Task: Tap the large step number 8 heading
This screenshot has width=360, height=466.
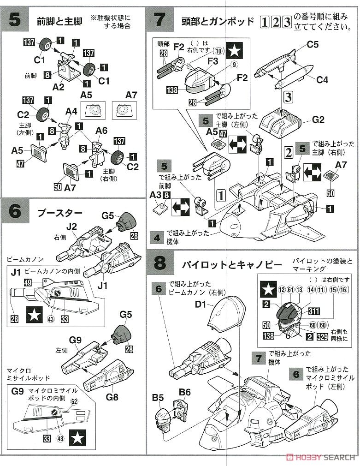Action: (x=159, y=264)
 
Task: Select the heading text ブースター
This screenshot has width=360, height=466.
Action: (x=59, y=213)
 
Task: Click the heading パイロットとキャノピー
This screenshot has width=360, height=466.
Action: (x=231, y=265)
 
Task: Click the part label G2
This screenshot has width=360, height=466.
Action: (x=318, y=120)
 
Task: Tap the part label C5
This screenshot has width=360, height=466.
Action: (x=313, y=45)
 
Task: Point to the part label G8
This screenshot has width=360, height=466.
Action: (x=112, y=396)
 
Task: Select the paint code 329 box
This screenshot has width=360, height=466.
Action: (x=322, y=337)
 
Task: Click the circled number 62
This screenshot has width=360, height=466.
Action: (x=74, y=401)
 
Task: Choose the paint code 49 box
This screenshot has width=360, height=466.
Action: (x=27, y=282)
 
